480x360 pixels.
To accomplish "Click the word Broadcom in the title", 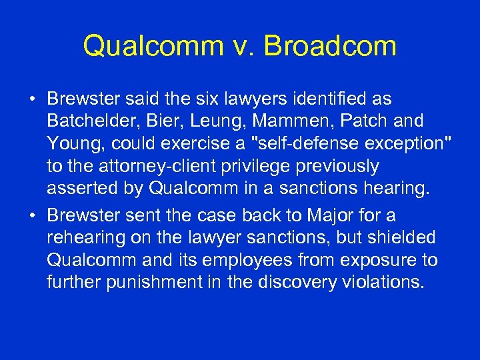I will (331, 46).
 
